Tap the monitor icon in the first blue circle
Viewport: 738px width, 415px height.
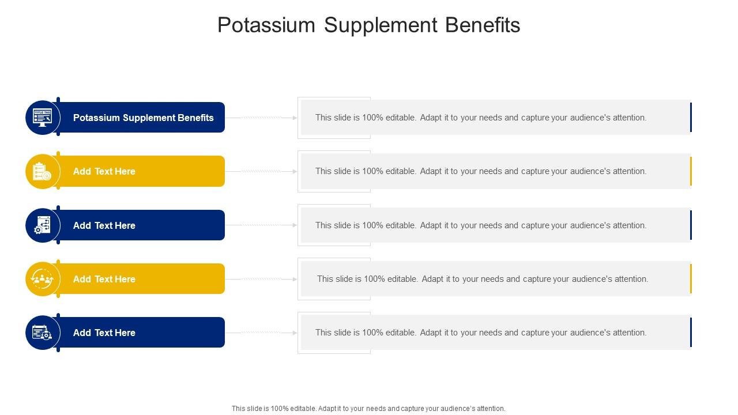pyautogui.click(x=43, y=118)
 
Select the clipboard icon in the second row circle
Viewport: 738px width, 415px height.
pyautogui.click(x=43, y=171)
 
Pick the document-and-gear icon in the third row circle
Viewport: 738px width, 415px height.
pyautogui.click(x=43, y=225)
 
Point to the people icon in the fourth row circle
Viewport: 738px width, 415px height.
pyautogui.click(x=43, y=279)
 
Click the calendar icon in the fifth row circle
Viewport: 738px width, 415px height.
pyautogui.click(x=43, y=333)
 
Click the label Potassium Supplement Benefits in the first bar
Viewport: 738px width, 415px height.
pyautogui.click(x=143, y=118)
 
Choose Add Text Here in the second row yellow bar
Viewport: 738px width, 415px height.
pyautogui.click(x=104, y=171)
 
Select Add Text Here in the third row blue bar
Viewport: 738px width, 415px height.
pyautogui.click(x=104, y=225)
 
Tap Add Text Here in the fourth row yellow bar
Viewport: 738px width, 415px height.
pyautogui.click(x=104, y=279)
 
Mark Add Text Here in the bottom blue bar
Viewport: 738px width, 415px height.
pyautogui.click(x=104, y=333)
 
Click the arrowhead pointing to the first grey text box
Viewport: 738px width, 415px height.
pyautogui.click(x=295, y=118)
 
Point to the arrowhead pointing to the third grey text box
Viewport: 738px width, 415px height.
pyautogui.click(x=295, y=225)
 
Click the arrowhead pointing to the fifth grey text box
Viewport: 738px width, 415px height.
pyautogui.click(x=295, y=333)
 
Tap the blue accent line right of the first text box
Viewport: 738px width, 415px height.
pyautogui.click(x=691, y=118)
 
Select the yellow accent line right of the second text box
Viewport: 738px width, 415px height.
pyautogui.click(x=691, y=171)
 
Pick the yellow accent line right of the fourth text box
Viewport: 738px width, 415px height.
pyautogui.click(x=691, y=279)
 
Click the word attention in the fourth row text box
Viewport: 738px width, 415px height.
pyautogui.click(x=631, y=279)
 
